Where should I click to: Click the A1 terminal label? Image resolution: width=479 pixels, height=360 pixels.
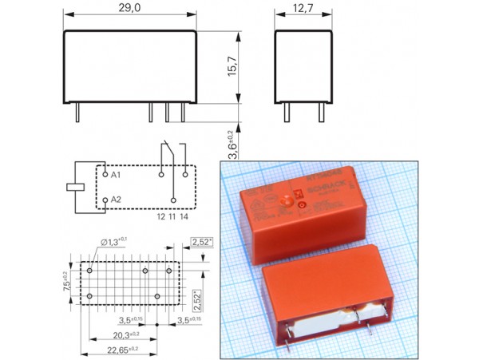(x=116, y=173)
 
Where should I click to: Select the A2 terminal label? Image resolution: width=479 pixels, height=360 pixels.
(x=116, y=200)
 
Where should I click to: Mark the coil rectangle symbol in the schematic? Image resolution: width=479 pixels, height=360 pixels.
(x=74, y=186)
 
